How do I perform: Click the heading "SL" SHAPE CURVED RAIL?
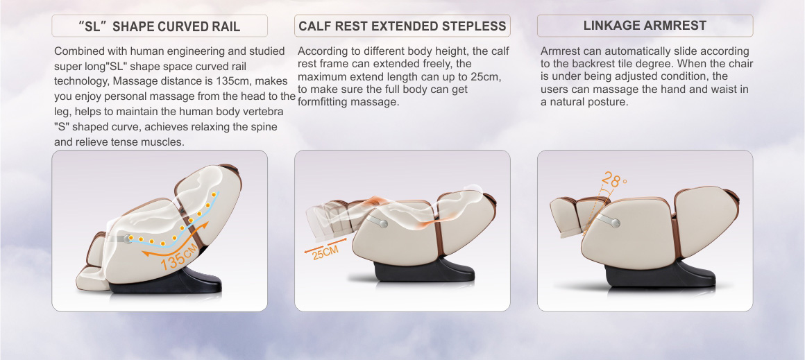tap(159, 26)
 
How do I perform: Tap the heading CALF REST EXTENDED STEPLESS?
tap(402, 26)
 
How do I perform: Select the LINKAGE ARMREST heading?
tap(645, 26)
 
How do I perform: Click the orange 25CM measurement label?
tap(325, 252)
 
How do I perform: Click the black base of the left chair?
tap(165, 281)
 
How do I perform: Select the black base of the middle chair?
tap(424, 270)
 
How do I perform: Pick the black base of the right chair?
tap(660, 275)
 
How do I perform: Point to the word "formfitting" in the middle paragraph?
tap(323, 101)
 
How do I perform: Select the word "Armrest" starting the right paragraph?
tap(559, 51)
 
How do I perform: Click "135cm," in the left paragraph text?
tap(235, 81)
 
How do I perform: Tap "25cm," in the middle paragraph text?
tap(486, 76)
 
